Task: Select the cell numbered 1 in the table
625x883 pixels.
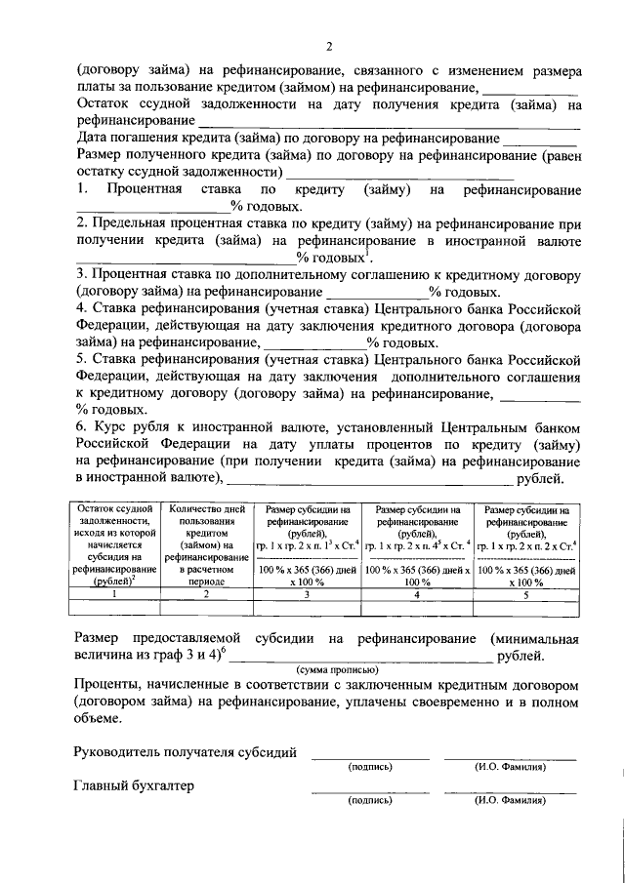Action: coord(114,593)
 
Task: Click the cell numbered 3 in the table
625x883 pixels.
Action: coord(306,593)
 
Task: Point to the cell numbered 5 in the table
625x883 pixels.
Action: coord(525,593)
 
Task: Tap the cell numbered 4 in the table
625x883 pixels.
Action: coord(416,593)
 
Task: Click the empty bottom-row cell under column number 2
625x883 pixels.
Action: coord(206,608)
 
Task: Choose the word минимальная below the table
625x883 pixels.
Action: coord(534,638)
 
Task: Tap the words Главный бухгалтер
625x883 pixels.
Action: coord(135,785)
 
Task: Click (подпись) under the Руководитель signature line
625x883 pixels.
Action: coord(369,767)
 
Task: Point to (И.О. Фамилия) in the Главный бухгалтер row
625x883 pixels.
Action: coord(510,801)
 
